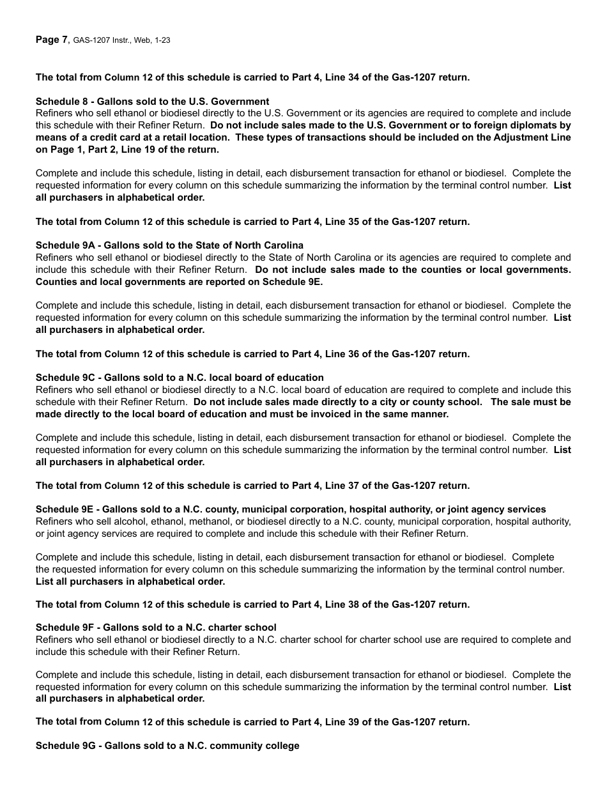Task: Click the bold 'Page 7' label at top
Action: click(51, 40)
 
